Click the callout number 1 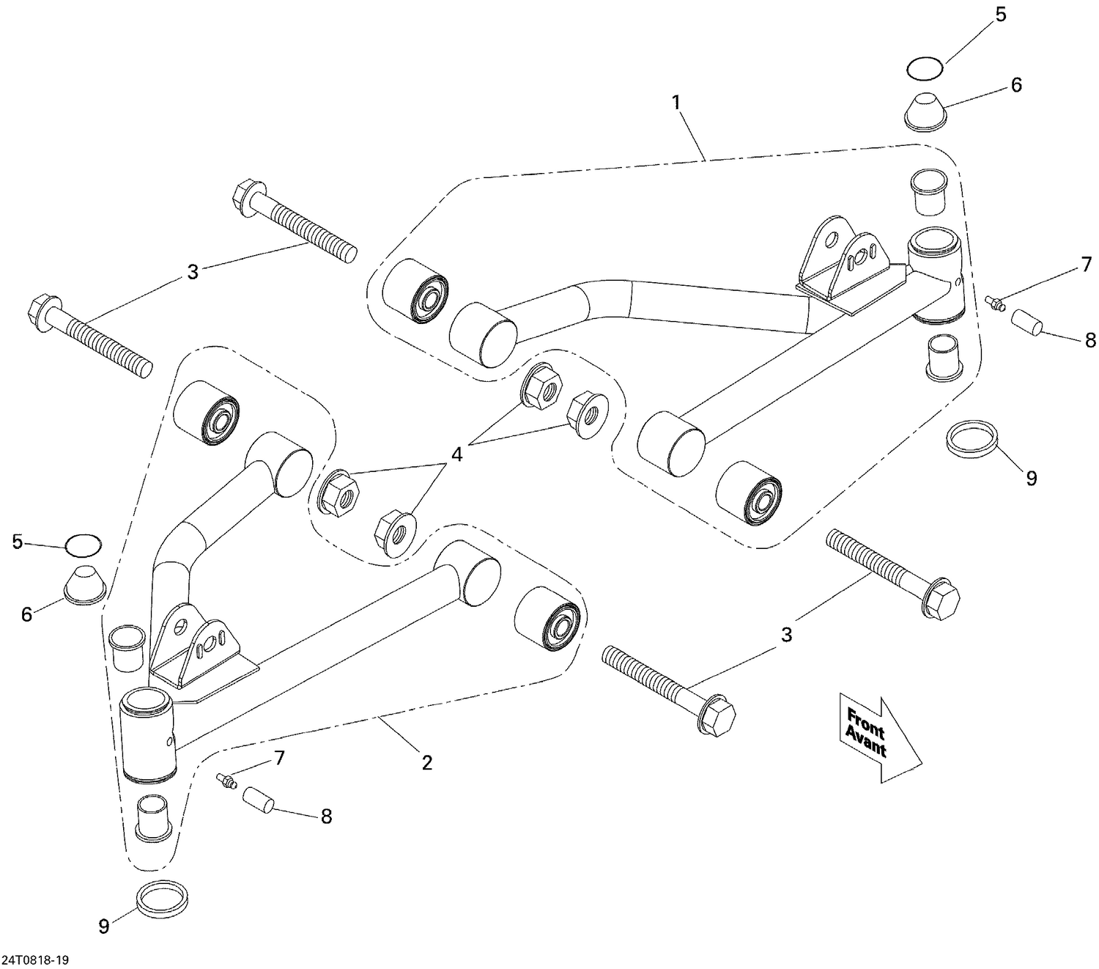[x=677, y=103]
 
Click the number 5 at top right [x=1001, y=15]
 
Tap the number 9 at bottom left [x=104, y=926]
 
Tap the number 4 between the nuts [x=456, y=454]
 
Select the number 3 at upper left [x=193, y=273]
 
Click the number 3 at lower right [x=786, y=634]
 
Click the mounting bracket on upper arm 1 [x=843, y=265]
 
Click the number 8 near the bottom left [x=326, y=816]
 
